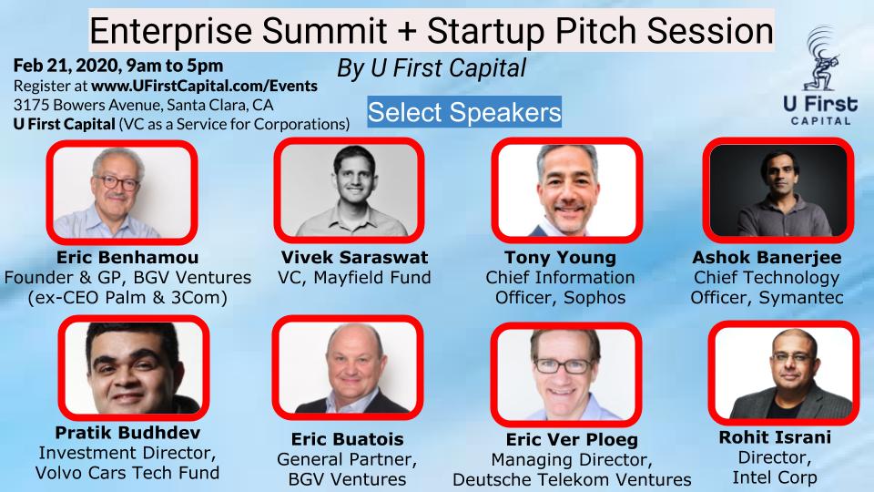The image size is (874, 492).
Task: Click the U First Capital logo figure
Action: point(821,58)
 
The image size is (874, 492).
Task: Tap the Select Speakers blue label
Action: point(464,112)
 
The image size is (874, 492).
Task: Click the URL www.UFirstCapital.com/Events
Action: point(204,86)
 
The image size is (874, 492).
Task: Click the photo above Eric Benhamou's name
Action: point(122,192)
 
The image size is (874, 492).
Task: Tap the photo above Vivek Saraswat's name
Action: point(349,190)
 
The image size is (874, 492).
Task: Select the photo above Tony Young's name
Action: point(567,190)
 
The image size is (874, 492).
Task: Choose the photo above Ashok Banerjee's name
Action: point(778,190)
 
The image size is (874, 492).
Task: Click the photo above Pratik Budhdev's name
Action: point(134,367)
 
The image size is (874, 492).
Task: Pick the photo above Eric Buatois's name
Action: point(348,367)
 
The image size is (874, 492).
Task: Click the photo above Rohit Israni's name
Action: point(784,373)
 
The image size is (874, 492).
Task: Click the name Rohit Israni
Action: point(775,436)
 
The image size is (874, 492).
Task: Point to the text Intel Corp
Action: point(775,477)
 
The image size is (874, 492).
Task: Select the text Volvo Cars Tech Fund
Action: point(127,473)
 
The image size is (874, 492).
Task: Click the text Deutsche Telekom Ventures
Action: point(572,480)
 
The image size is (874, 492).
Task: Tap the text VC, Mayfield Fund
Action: point(354,278)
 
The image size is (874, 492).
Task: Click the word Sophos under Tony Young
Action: point(595,298)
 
